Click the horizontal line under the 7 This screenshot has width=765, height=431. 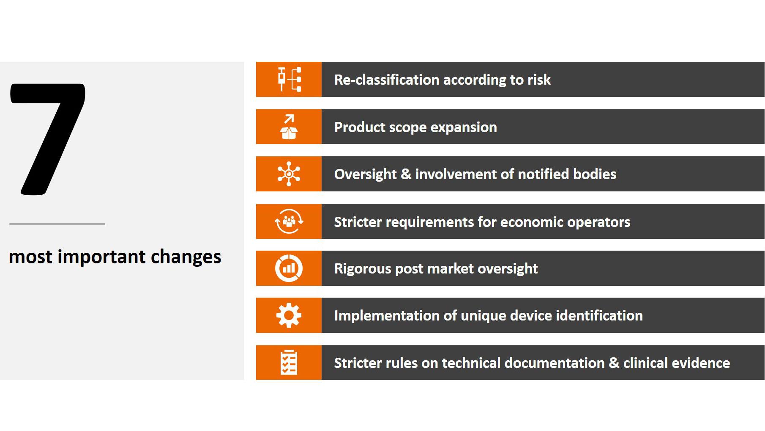point(57,224)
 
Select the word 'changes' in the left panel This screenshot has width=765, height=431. point(186,257)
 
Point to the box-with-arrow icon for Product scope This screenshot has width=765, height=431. point(289,127)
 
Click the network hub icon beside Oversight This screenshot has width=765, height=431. point(289,174)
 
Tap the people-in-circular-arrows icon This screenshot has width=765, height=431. point(289,221)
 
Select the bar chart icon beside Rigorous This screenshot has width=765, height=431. point(289,268)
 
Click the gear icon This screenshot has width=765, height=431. point(289,315)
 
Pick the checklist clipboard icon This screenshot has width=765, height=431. point(289,362)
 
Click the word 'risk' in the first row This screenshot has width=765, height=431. point(538,80)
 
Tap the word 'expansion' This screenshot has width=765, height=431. point(464,127)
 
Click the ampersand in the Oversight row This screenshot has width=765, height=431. point(405,174)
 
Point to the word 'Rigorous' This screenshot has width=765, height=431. point(362,268)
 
